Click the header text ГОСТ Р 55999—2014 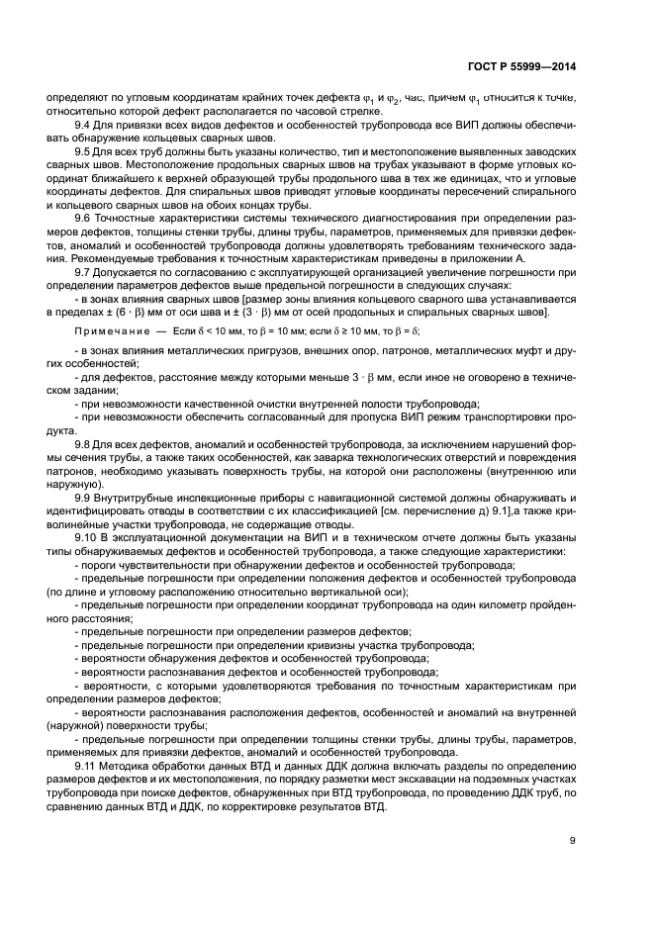click(x=520, y=67)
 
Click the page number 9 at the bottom click(x=573, y=841)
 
